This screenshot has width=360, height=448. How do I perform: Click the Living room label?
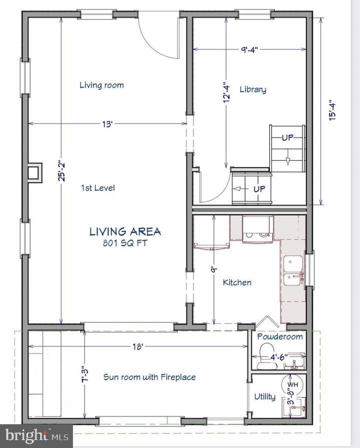point(101,85)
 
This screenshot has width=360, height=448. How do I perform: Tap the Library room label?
point(253,89)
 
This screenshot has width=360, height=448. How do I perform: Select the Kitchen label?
point(237,283)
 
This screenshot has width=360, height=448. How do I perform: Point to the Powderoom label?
point(279,337)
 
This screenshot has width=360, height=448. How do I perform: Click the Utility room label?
point(265,397)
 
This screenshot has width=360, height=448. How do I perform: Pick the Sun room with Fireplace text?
point(149,377)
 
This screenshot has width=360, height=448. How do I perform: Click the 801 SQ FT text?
point(125,243)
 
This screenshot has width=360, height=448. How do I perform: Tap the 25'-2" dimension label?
point(61,171)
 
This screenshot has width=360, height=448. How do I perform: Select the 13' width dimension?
point(107,124)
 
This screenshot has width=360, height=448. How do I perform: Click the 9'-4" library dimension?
point(249,50)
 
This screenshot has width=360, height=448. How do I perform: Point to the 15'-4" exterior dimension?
point(331,110)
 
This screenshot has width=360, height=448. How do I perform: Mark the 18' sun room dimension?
point(137,347)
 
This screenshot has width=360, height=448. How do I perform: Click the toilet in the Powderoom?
point(267,357)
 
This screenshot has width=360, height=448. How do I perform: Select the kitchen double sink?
point(293,271)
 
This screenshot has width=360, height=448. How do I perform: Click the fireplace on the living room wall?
point(35,172)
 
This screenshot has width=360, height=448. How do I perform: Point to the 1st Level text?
point(98,188)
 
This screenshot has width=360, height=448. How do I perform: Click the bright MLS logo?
point(36,436)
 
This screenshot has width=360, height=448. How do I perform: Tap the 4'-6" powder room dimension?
point(278,357)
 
